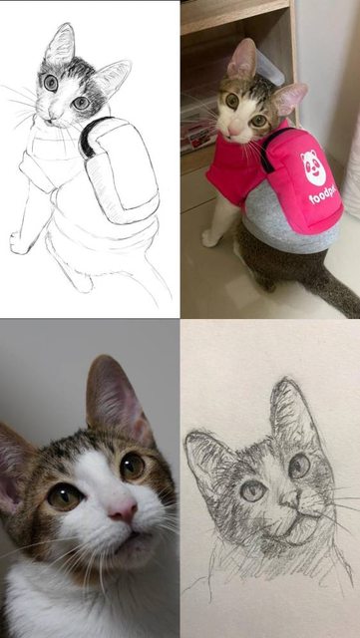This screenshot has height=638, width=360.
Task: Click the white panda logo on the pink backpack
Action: [314, 167]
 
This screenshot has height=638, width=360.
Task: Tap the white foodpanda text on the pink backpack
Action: [324, 195]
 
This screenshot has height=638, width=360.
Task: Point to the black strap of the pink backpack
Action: [273, 147]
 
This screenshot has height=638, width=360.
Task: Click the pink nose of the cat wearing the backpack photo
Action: [235, 130]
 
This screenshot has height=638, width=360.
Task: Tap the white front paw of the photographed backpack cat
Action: [210, 239]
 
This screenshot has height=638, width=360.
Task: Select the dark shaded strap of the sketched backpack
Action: [92, 135]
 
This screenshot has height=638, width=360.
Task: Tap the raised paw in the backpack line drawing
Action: [18, 243]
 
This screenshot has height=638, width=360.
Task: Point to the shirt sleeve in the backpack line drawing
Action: [36, 171]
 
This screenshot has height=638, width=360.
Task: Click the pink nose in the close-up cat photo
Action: [123, 509]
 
